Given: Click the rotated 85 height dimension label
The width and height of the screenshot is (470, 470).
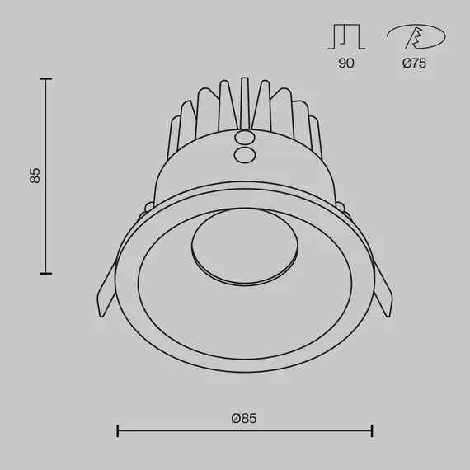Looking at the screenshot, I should [34, 175].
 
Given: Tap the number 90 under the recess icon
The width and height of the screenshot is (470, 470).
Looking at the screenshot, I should [345, 63].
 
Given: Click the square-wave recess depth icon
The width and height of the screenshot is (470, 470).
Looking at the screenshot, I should [346, 37].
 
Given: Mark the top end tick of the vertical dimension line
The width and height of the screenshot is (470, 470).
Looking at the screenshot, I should [46, 78].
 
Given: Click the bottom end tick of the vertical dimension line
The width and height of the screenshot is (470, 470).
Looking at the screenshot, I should [46, 273].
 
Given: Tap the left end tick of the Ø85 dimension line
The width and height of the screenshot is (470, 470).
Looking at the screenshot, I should [118, 430].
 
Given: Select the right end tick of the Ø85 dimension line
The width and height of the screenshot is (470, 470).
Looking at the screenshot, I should [373, 430].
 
